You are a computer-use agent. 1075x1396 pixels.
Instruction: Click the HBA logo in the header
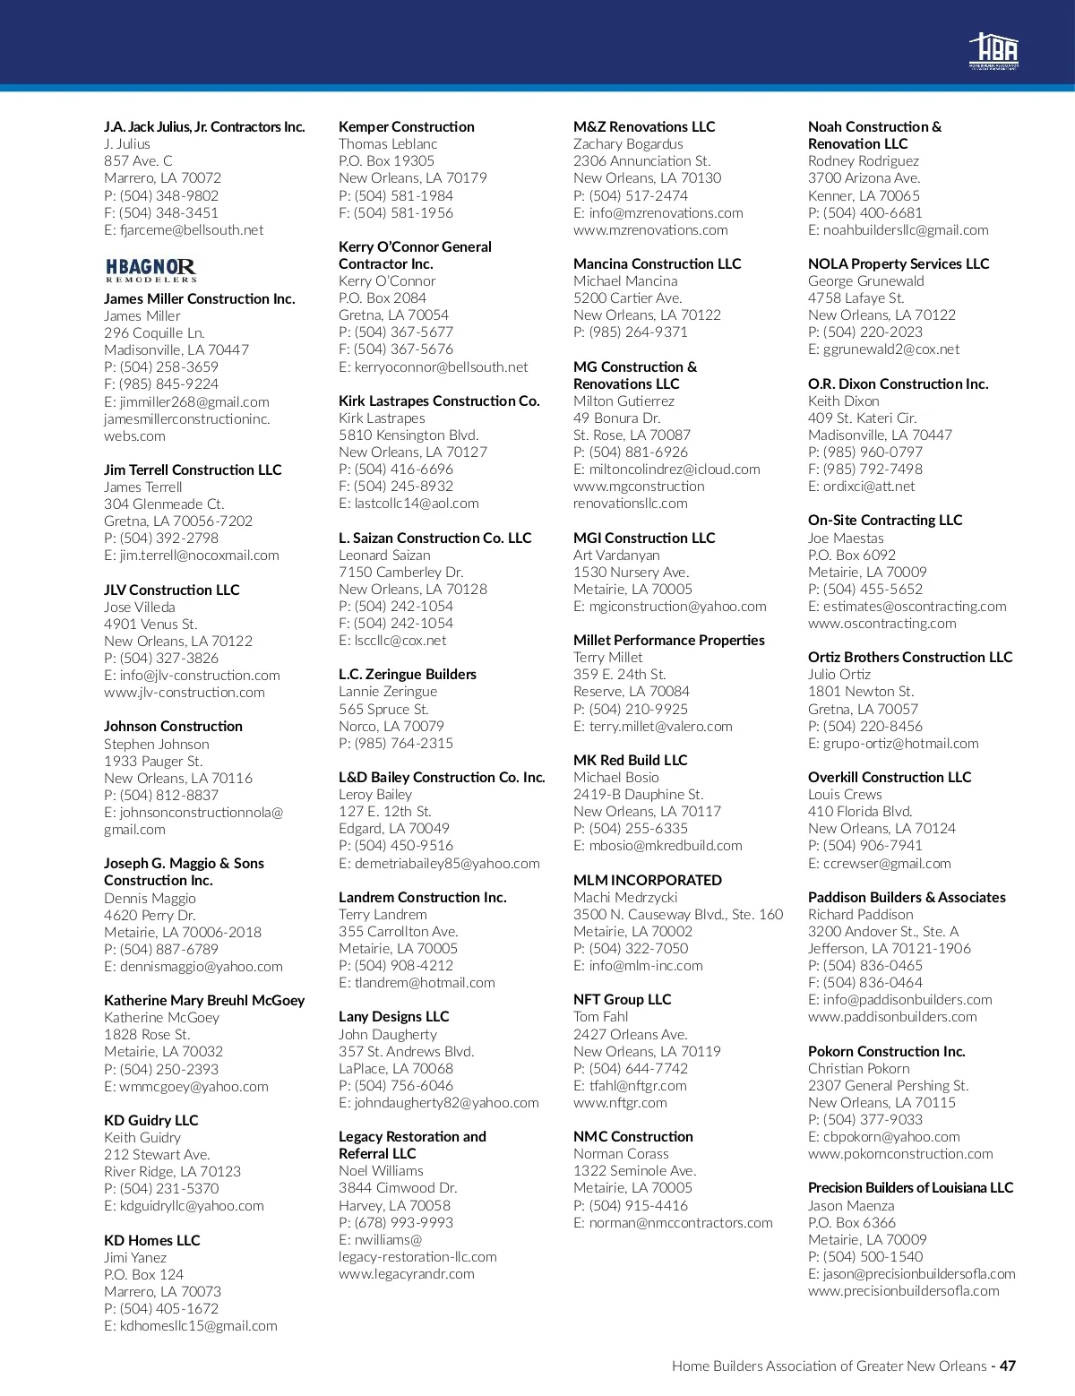(993, 51)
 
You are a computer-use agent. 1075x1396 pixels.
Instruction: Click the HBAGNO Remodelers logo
(150, 270)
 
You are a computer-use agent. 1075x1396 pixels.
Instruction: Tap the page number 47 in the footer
(1008, 1366)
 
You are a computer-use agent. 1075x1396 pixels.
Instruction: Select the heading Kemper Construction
(406, 126)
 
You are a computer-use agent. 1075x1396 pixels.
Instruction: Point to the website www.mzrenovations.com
(650, 229)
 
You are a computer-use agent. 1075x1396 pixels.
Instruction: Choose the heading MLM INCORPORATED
(647, 880)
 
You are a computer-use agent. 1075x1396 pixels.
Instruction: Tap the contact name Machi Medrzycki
(625, 897)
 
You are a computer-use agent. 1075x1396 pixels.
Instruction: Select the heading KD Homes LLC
(151, 1240)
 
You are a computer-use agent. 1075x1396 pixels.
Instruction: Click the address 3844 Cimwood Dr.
(398, 1187)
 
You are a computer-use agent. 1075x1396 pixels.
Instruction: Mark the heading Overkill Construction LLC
(889, 777)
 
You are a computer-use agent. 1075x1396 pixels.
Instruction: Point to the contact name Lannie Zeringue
(388, 691)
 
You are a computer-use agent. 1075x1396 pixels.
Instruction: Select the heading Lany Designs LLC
(393, 1016)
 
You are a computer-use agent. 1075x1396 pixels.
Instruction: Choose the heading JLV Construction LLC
(171, 590)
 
